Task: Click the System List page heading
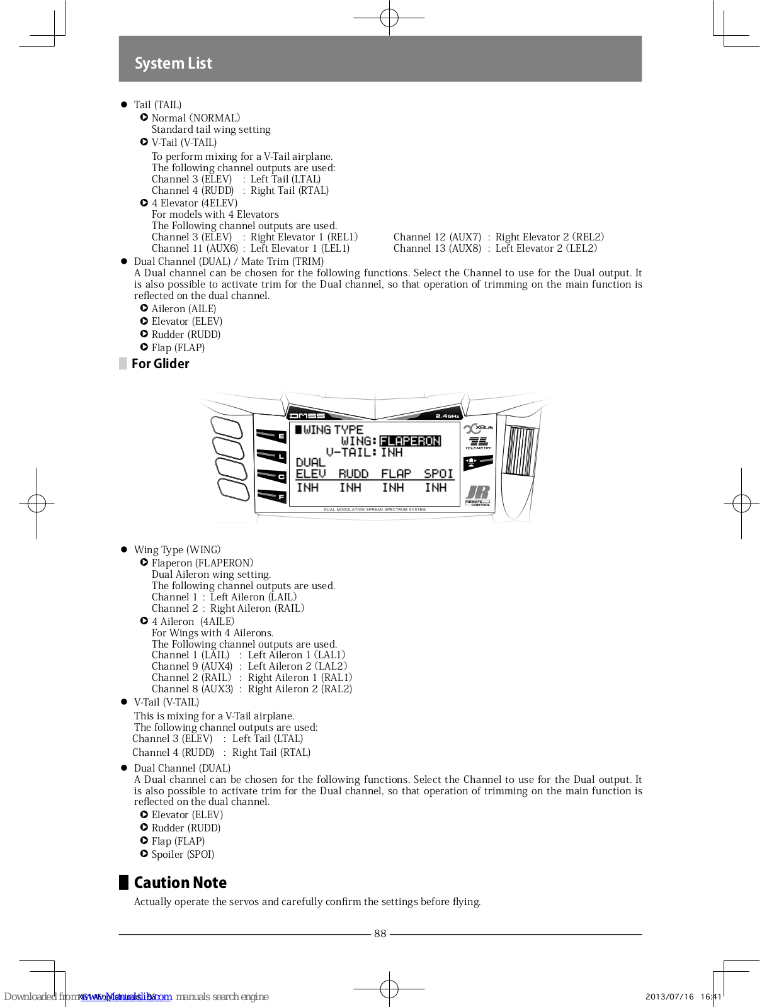(x=173, y=63)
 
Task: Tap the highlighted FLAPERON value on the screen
(x=410, y=441)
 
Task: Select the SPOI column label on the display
(x=438, y=473)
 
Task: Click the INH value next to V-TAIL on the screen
(x=391, y=453)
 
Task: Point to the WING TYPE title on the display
(x=333, y=430)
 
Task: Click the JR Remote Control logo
(x=478, y=495)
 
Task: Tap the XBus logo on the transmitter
(x=479, y=428)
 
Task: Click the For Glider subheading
(x=160, y=364)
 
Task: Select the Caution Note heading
(x=180, y=882)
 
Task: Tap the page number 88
(x=380, y=934)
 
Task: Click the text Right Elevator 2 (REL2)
(x=549, y=237)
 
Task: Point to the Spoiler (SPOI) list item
(x=183, y=854)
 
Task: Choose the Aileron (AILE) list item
(x=183, y=309)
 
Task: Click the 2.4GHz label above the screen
(x=447, y=416)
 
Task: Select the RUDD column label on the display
(x=353, y=473)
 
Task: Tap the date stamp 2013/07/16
(x=669, y=996)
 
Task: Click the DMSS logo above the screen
(x=307, y=416)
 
